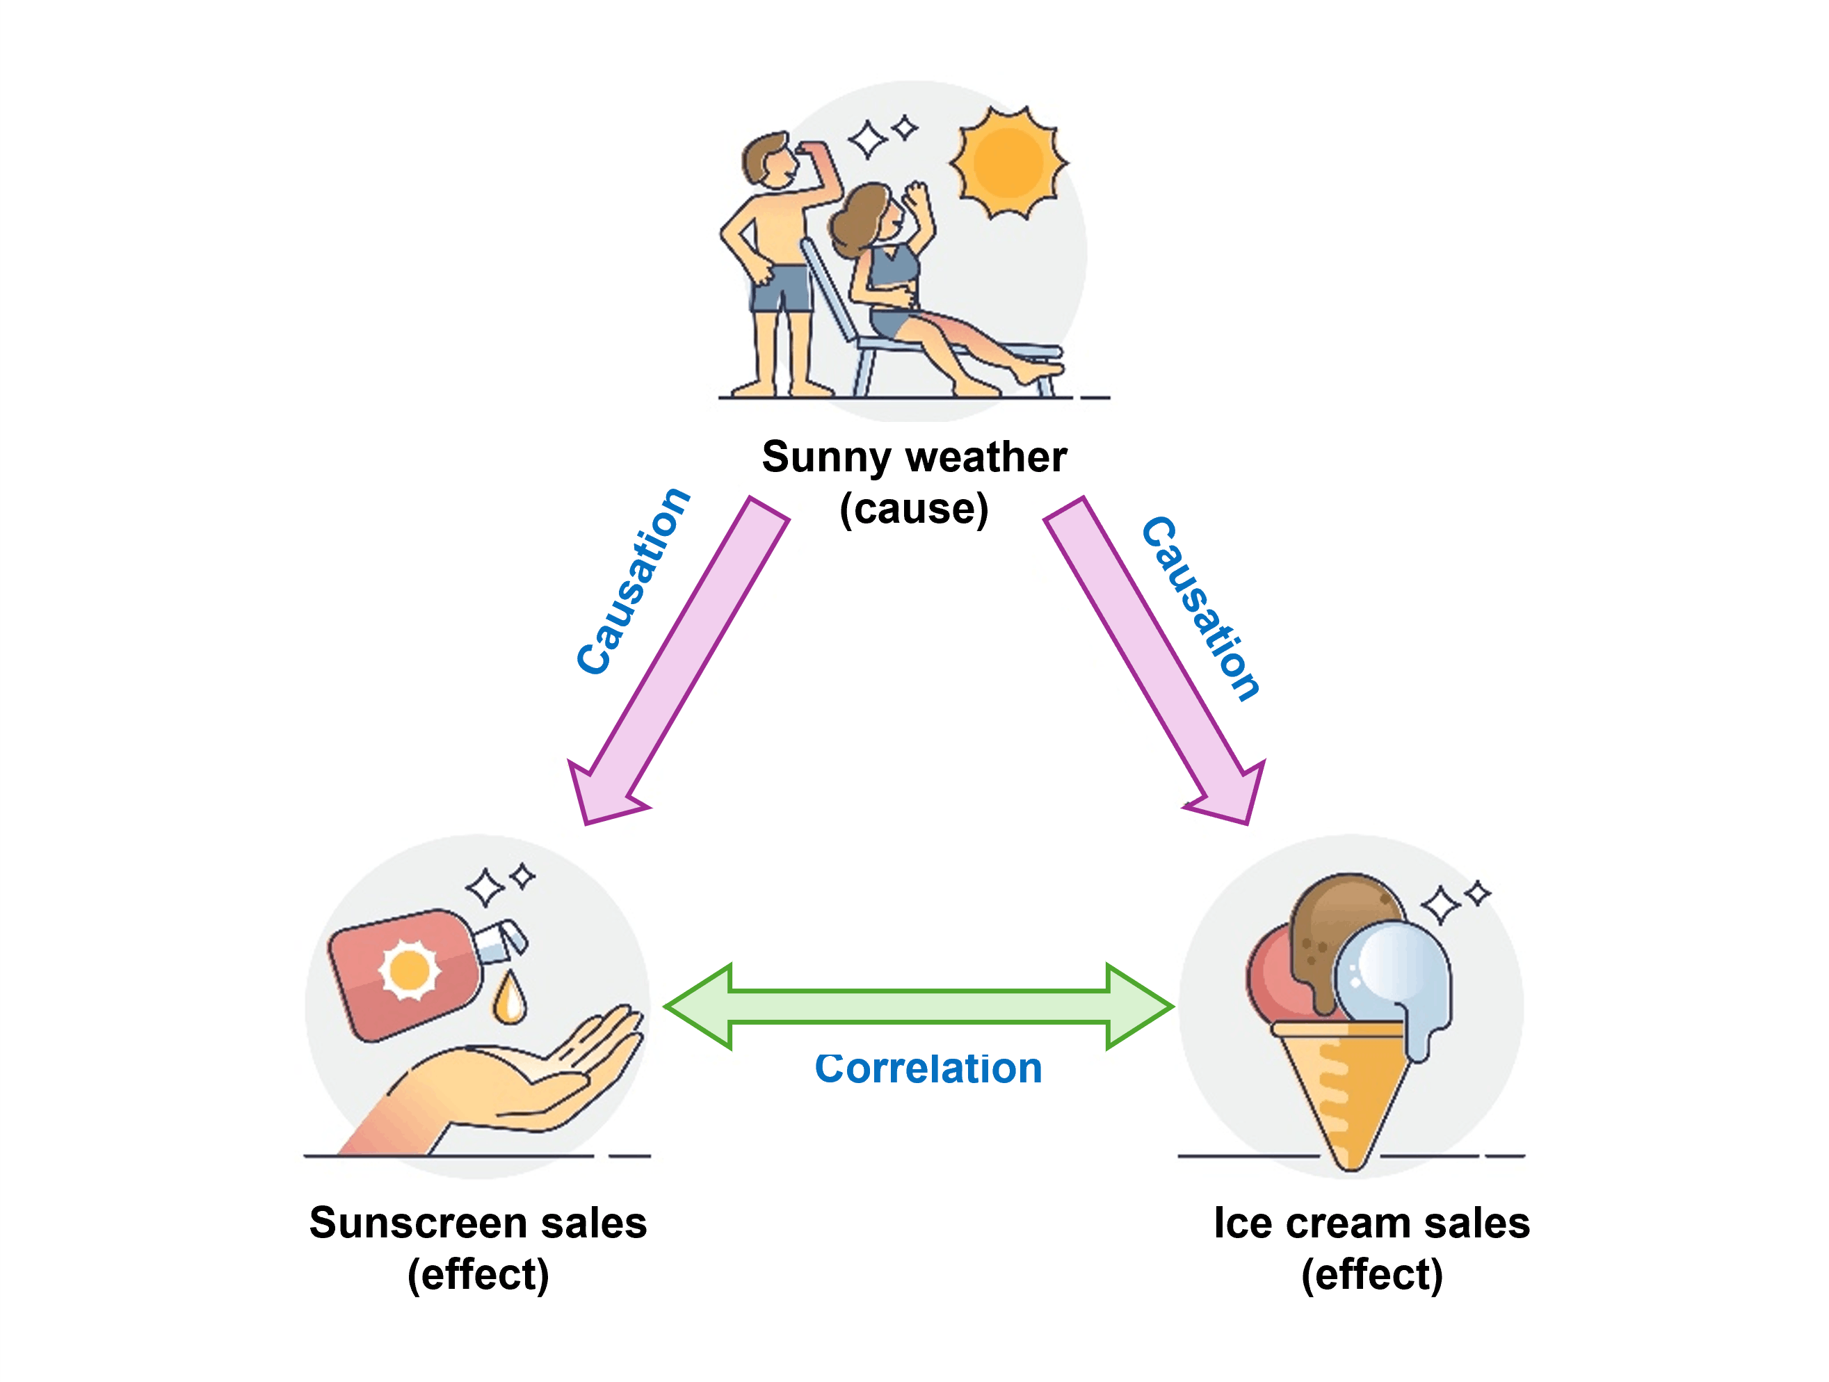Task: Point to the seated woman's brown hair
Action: (860, 219)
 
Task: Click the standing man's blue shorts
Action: (780, 288)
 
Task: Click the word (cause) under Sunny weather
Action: (914, 508)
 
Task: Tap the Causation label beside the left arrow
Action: (634, 581)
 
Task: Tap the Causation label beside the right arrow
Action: (1200, 609)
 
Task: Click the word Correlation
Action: (928, 1068)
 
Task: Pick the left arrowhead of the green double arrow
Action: (699, 1007)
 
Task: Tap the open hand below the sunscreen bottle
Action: (496, 1083)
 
